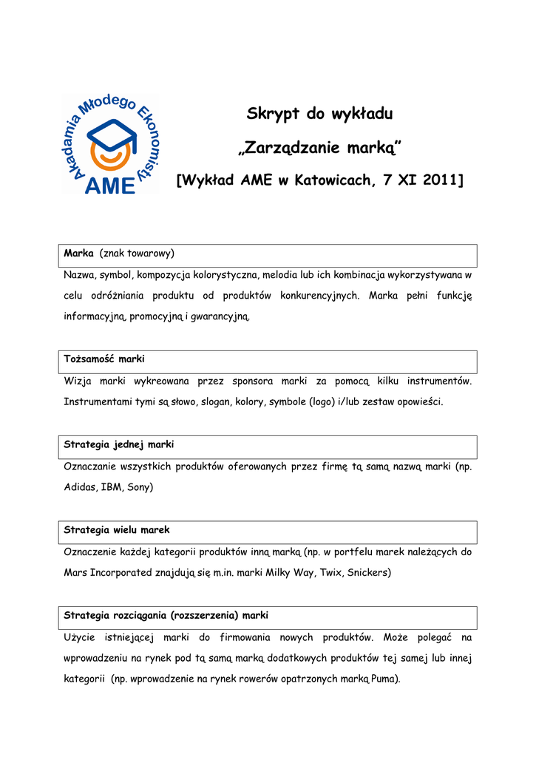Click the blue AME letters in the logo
[x=110, y=184]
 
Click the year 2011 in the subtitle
[x=437, y=180]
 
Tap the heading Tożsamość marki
[x=104, y=359]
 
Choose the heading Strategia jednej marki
[x=118, y=445]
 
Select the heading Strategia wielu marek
[x=117, y=530]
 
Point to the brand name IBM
[x=112, y=488]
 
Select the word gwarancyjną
[x=220, y=317]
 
